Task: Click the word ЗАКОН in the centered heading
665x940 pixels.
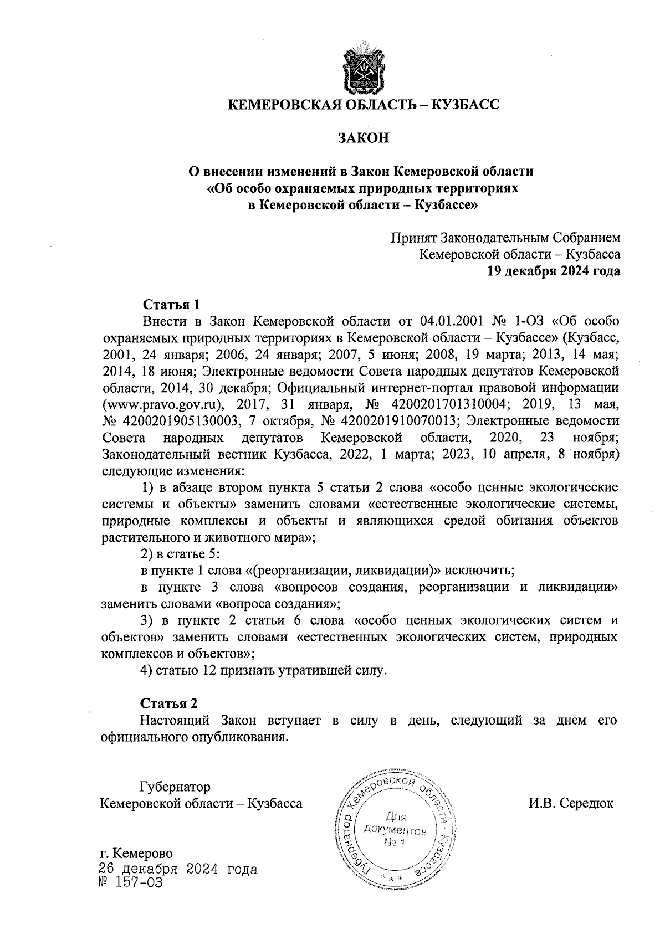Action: coord(364,138)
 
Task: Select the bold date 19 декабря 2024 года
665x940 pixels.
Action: coord(553,271)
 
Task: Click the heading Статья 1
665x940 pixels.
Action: coord(171,304)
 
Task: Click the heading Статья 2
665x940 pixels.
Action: coord(168,703)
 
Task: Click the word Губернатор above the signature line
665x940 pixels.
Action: coord(175,787)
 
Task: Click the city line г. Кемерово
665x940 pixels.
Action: coord(135,853)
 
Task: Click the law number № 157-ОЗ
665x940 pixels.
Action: coord(131,882)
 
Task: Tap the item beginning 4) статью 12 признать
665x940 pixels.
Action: coord(263,670)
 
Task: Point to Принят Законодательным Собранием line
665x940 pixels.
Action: coord(506,238)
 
